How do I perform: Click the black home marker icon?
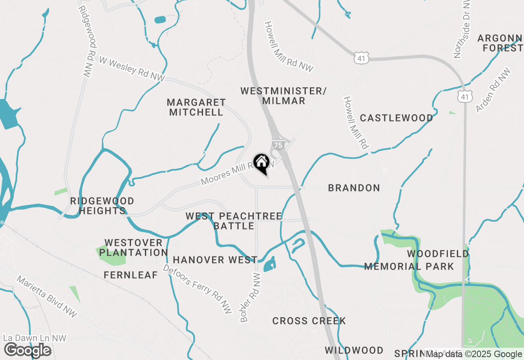coord(261,162)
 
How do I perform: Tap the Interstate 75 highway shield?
coord(278,145)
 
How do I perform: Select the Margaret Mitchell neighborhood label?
coord(196,107)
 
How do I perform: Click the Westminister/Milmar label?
coord(283,96)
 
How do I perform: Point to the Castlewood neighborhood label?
coord(396,118)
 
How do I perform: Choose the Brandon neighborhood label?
coord(354,188)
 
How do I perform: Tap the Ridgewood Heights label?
coord(102,206)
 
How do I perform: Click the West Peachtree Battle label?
coord(234,221)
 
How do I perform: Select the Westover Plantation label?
coord(133,248)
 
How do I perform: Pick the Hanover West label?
coord(215,260)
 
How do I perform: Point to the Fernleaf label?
coord(131,275)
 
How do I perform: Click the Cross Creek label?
coord(309,321)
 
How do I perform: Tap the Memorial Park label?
coord(409,267)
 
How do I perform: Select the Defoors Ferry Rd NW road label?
coord(198,289)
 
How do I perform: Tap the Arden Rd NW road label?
coord(493,90)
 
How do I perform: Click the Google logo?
coord(27,351)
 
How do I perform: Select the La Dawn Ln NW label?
coord(34,338)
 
